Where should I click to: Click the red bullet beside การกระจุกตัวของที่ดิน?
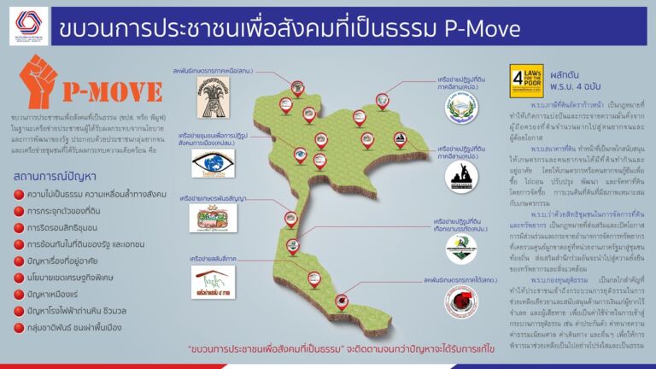click(x=20, y=211)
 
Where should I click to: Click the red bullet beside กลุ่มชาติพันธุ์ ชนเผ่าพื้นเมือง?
click(x=20, y=325)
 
